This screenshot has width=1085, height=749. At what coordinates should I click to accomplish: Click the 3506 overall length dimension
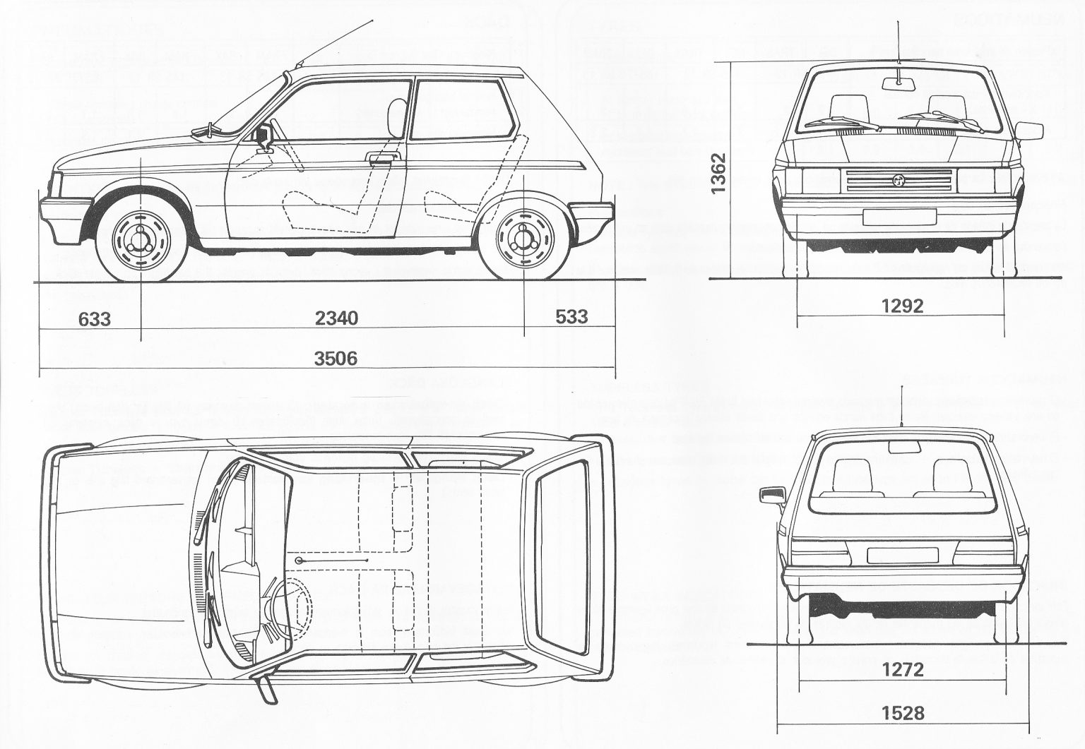[336, 359]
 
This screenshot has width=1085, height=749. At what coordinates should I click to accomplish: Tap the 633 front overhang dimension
[95, 319]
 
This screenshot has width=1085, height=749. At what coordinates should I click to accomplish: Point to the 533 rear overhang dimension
[571, 316]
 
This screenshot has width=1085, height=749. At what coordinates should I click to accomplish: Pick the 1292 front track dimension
[902, 306]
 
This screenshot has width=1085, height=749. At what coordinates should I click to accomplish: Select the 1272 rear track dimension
[902, 669]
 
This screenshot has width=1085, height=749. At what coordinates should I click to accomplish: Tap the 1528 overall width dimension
[902, 714]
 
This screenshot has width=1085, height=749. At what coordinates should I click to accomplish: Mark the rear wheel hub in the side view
[524, 238]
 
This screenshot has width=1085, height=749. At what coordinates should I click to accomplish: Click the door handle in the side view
[384, 157]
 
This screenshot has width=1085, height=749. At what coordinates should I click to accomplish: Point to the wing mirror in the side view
[266, 136]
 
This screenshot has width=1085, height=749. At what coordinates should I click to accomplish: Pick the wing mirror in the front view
[1030, 131]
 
